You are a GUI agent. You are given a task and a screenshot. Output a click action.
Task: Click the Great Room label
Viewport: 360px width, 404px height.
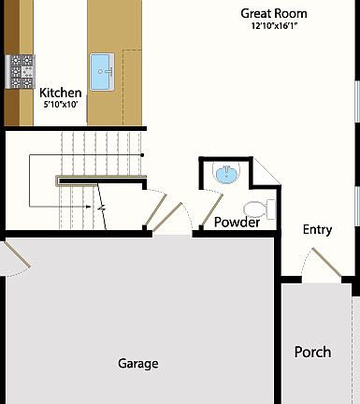pyautogui.click(x=273, y=13)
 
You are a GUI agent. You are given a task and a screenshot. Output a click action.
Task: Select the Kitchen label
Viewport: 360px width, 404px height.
pyautogui.click(x=60, y=93)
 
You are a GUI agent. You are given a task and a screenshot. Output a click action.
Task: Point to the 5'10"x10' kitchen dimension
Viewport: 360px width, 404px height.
pyautogui.click(x=60, y=105)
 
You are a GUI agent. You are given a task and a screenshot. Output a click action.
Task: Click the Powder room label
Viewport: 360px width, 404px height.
pyautogui.click(x=237, y=222)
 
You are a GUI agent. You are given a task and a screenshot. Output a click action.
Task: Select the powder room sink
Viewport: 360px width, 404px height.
pyautogui.click(x=224, y=173)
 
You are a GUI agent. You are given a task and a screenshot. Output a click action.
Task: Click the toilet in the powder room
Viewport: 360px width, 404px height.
pyautogui.click(x=255, y=208)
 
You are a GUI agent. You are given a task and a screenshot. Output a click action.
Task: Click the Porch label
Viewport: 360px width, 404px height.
pyautogui.click(x=312, y=352)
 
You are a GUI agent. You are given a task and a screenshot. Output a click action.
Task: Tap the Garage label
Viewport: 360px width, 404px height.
pyautogui.click(x=137, y=363)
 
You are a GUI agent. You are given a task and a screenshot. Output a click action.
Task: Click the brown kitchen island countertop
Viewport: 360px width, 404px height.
pyautogui.click(x=117, y=94)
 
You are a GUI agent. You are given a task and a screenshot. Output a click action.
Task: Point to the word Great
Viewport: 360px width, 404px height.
pyautogui.click(x=256, y=13)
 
